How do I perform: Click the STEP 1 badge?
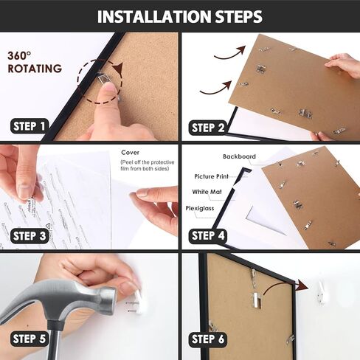(x=30, y=126)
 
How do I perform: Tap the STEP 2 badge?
(x=208, y=128)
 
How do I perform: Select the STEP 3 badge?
(x=30, y=236)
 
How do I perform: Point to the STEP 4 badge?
(x=208, y=236)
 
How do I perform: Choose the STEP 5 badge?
(x=30, y=339)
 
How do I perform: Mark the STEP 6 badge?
(x=208, y=339)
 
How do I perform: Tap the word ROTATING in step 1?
(x=35, y=69)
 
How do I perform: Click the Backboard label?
(x=239, y=156)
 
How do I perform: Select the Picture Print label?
(x=211, y=176)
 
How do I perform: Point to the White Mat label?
(x=207, y=192)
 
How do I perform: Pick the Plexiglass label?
(x=200, y=209)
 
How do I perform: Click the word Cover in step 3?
(x=130, y=153)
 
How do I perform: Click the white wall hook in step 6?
(x=321, y=293)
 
